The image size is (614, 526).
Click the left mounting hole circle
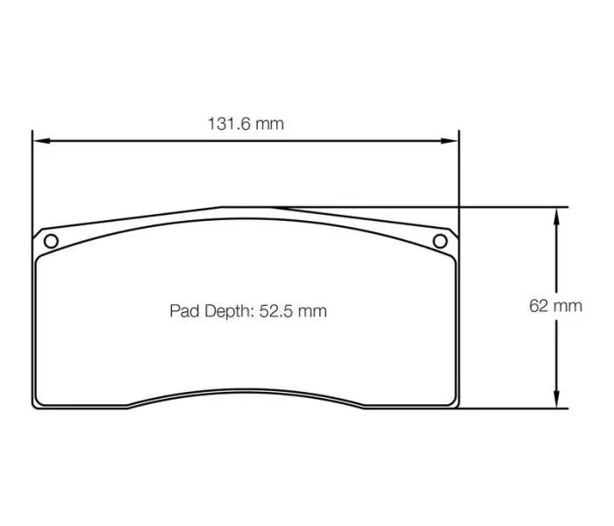point(50,241)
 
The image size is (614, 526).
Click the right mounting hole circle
point(440,241)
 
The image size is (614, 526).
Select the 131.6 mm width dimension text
point(246,124)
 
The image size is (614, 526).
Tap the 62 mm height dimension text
point(555,306)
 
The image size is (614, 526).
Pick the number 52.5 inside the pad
point(276,311)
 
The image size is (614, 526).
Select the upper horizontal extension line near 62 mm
point(509,207)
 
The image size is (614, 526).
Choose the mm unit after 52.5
point(311,311)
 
